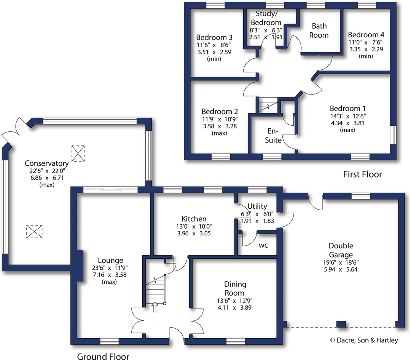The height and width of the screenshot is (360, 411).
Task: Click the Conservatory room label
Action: [x=46, y=163]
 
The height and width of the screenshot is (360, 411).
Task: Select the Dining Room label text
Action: [x=235, y=288]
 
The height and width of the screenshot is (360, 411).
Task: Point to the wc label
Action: [x=263, y=245]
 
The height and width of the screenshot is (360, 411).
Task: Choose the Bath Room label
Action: [x=319, y=30]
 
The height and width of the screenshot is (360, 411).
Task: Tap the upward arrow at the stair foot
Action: [x=155, y=307]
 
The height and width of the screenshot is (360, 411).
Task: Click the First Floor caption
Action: [x=362, y=174]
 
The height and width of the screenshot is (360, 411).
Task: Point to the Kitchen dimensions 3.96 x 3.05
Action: [x=194, y=234]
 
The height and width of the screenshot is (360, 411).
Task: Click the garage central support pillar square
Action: [x=341, y=324]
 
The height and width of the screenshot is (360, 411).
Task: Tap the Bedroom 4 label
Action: [x=363, y=34]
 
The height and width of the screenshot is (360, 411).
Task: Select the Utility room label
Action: [x=257, y=206]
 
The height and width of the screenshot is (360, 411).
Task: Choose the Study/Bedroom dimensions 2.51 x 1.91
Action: [x=266, y=37]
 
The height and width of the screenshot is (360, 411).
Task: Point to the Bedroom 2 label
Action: [x=220, y=112]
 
